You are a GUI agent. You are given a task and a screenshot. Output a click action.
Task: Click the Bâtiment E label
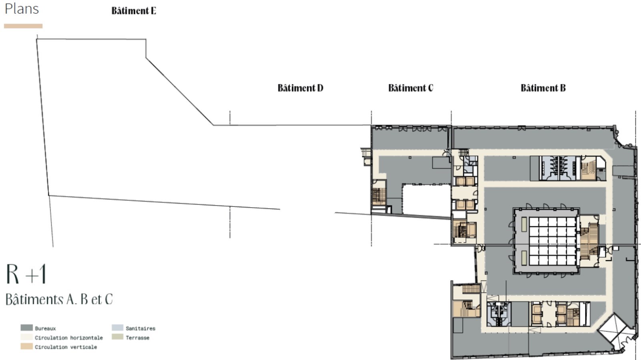134,10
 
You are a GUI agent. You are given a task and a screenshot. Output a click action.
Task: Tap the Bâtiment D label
300,88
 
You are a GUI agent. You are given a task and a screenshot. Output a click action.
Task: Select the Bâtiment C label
411,88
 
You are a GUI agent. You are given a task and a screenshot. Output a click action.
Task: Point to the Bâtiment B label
543,88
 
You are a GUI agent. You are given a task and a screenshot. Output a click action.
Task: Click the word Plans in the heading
22,8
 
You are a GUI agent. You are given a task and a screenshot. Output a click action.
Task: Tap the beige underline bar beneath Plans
23,26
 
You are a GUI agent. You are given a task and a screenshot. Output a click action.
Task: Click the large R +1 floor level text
26,274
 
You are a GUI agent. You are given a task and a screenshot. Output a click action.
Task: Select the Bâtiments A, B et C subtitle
59,299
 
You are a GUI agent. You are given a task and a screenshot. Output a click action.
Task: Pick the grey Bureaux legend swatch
26,328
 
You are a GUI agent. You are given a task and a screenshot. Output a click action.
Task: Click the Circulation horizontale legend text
69,338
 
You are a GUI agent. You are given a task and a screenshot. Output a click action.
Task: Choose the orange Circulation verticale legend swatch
26,346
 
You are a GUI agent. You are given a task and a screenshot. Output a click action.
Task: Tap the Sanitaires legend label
141,328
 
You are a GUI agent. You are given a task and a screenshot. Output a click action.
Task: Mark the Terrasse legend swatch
118,337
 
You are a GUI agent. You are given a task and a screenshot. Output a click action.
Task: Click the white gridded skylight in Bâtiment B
552,241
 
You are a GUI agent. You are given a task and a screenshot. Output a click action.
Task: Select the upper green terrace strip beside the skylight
524,224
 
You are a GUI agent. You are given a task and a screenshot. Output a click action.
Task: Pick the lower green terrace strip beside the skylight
524,257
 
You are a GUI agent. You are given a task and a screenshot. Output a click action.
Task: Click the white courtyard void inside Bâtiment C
426,199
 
